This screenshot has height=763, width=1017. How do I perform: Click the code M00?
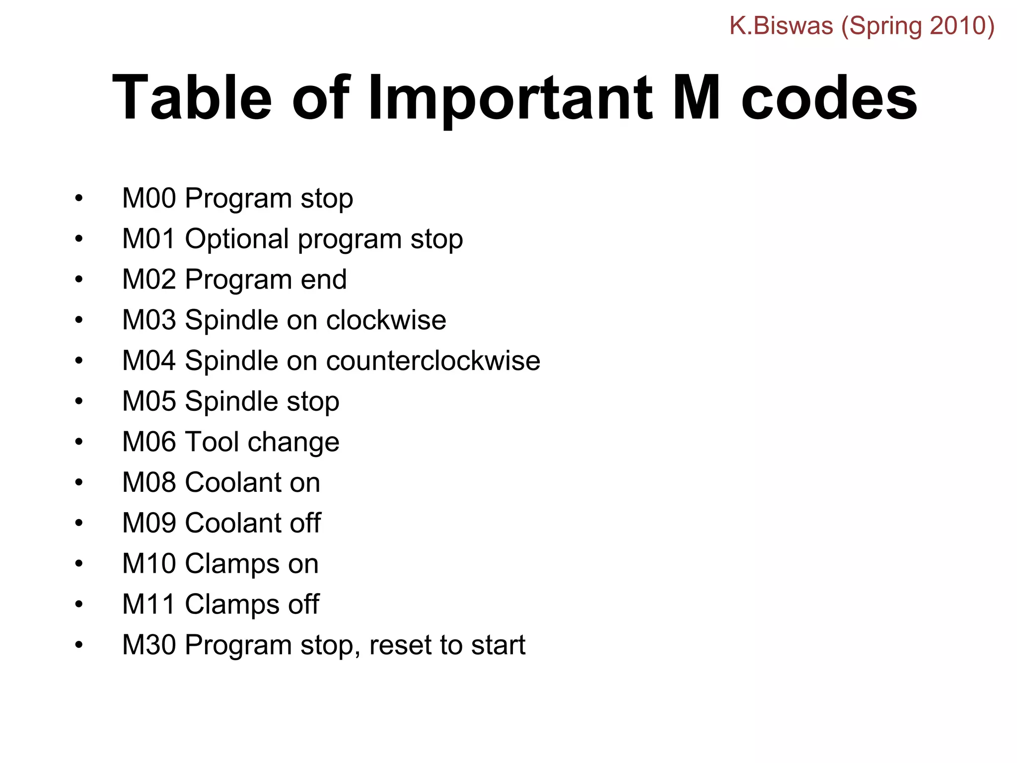click(149, 198)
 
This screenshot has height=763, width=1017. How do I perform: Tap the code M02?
click(149, 280)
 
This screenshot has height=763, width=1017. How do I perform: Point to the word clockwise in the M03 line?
click(386, 320)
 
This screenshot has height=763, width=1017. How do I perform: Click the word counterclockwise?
click(433, 361)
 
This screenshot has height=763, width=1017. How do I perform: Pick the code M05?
click(149, 401)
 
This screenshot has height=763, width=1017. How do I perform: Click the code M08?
click(149, 482)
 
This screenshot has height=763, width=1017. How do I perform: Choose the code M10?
click(149, 564)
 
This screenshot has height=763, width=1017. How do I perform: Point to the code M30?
click(149, 645)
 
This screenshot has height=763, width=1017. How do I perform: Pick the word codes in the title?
click(829, 97)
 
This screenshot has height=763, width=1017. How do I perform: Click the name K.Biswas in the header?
click(781, 26)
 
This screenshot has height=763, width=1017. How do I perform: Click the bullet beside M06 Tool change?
click(78, 442)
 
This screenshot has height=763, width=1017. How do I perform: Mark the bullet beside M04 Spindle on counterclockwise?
click(78, 361)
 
